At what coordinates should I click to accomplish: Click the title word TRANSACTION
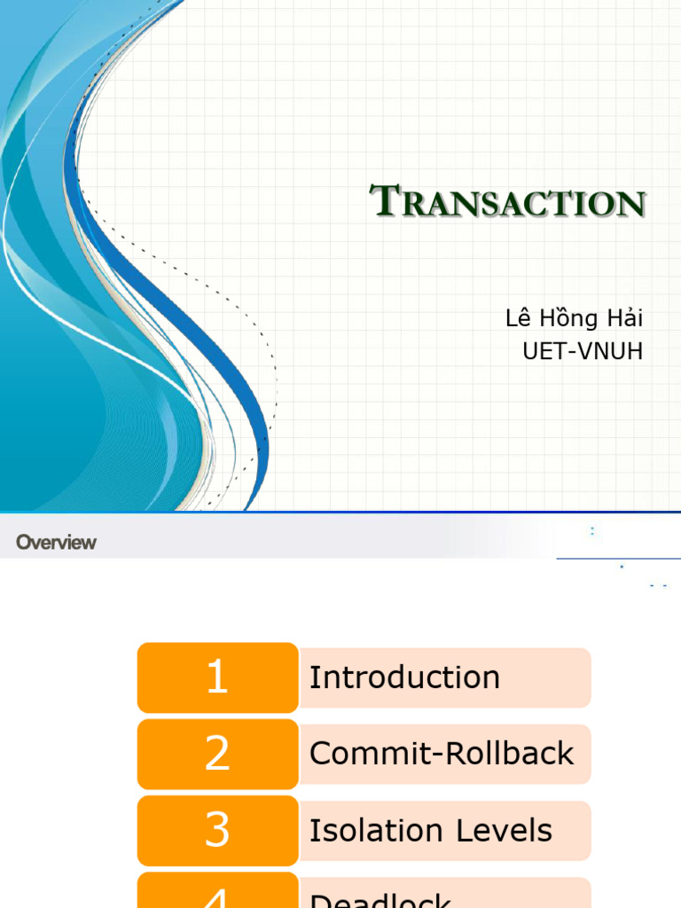(x=507, y=202)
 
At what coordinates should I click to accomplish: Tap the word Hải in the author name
(x=622, y=318)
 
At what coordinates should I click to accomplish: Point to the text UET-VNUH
(x=583, y=351)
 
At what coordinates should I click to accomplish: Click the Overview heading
(x=56, y=542)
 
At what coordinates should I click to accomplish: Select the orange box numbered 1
(x=217, y=677)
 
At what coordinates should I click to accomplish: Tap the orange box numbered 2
(x=217, y=754)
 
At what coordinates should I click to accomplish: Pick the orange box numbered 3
(x=217, y=830)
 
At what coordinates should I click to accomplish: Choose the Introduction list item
(x=404, y=677)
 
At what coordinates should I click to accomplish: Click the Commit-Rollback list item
(x=442, y=754)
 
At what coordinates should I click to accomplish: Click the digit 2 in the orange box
(x=217, y=754)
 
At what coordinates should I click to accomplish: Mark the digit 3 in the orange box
(x=217, y=830)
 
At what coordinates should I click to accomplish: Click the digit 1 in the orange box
(x=217, y=677)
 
